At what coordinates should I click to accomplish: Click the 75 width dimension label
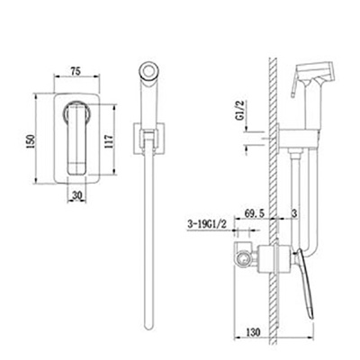pos(76,71)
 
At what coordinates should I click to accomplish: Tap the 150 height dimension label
pos(31,140)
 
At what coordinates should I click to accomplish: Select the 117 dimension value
pos(109,140)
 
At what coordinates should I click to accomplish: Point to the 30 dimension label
pos(76,195)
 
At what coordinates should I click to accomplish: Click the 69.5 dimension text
pos(255,213)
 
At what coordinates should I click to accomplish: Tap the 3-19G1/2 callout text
pos(206,224)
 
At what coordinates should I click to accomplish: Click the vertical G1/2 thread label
pos(240,110)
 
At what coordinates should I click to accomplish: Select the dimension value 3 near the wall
pos(294,213)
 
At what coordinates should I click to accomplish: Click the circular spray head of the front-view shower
pos(148,71)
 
